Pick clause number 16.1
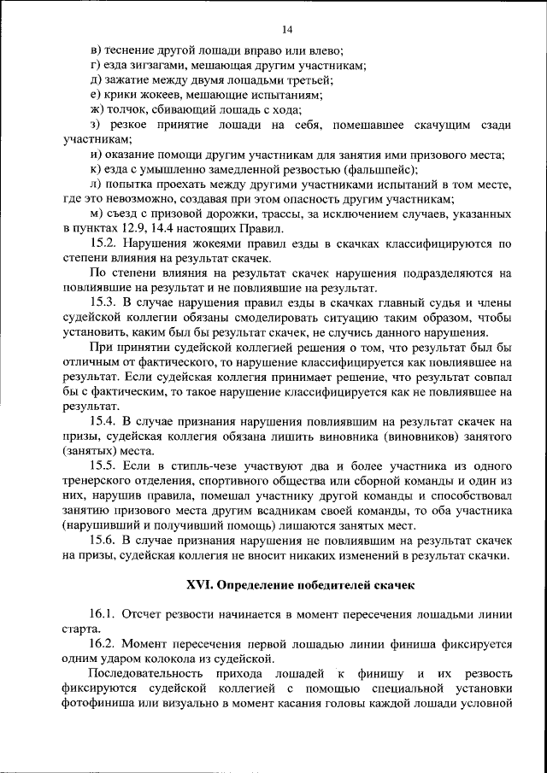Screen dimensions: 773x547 point(105,614)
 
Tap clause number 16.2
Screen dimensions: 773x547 point(105,644)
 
